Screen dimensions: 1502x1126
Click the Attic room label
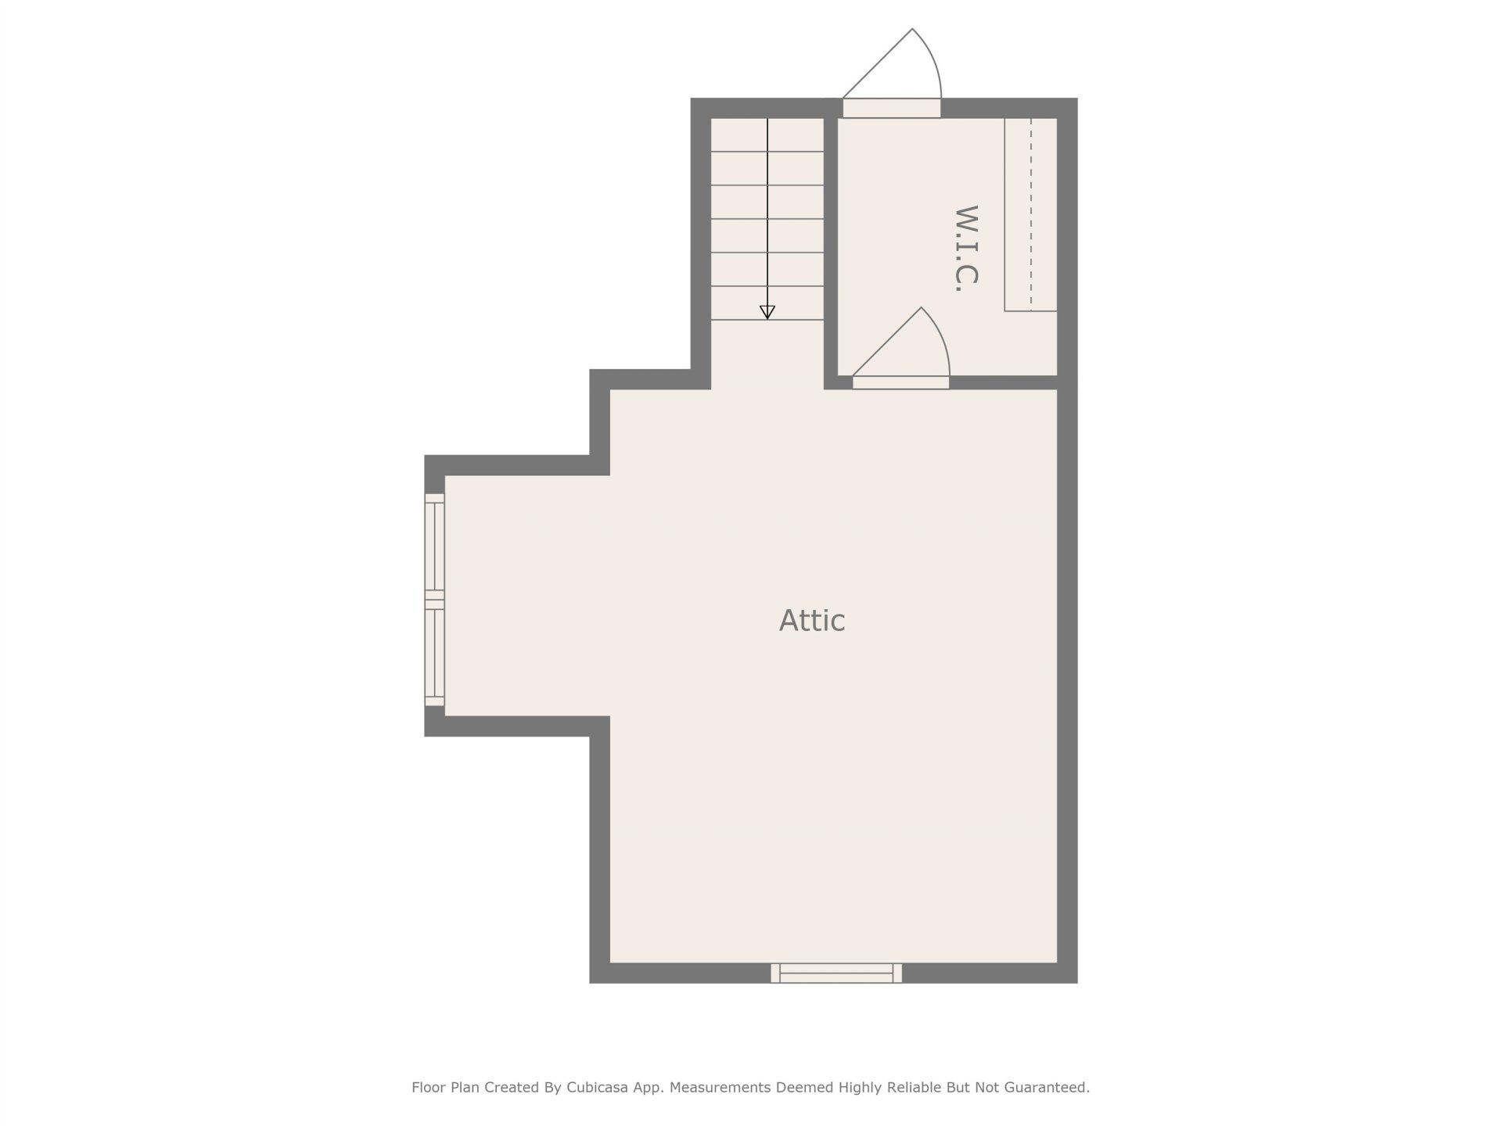coord(812,621)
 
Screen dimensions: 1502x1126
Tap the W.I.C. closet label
coord(968,249)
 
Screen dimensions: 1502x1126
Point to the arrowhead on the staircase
coord(767,312)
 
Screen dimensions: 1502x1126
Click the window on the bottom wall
coord(836,973)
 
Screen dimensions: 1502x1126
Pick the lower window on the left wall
coord(435,653)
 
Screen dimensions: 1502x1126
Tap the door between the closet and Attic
coord(901,382)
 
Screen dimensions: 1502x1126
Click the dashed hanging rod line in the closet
coord(1031,214)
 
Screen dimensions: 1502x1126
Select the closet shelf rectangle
coord(1031,214)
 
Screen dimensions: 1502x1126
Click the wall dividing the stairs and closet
coord(831,244)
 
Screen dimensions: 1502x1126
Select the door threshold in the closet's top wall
coord(892,108)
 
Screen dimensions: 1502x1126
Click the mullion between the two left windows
coord(435,600)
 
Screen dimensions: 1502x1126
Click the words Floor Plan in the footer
coord(446,1087)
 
